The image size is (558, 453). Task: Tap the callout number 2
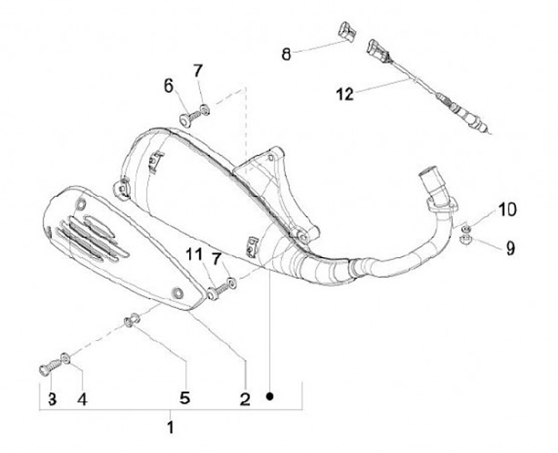point(244,399)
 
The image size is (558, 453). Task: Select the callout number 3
point(52,400)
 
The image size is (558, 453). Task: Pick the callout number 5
point(184,398)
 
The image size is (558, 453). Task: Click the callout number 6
point(168,85)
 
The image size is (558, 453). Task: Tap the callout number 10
point(507,208)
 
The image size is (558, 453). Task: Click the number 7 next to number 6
point(198,70)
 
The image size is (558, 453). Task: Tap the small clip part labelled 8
point(345,32)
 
